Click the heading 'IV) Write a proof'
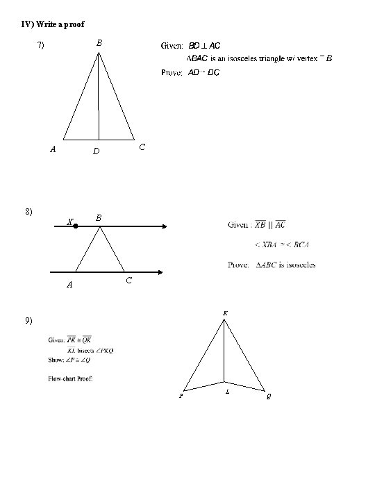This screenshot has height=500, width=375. (53, 24)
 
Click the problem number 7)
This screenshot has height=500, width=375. (41, 46)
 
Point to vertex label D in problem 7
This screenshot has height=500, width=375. (97, 151)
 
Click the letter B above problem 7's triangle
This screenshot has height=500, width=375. (99, 43)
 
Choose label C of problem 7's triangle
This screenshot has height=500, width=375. (142, 147)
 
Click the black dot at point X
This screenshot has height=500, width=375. (76, 226)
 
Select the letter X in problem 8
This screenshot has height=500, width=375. (69, 222)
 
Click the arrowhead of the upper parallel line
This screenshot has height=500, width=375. (163, 226)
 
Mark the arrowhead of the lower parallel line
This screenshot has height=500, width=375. (163, 272)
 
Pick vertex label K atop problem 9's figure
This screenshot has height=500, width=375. (224, 314)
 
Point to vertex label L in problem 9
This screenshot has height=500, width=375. (228, 393)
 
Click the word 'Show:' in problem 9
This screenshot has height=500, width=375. (57, 359)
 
